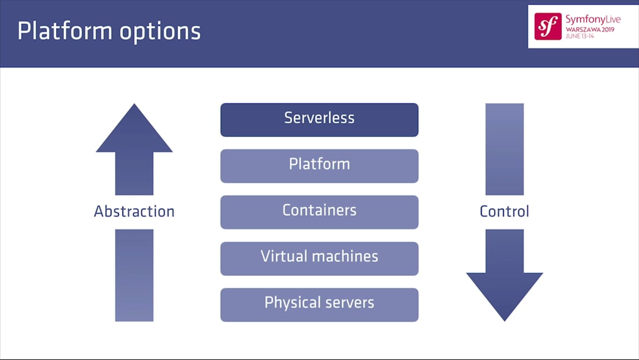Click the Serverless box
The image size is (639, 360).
319,119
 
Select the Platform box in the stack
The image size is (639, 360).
319,166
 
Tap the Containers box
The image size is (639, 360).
319,212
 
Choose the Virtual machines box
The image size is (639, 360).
319,258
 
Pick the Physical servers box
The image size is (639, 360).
319,304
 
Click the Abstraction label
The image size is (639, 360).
134,212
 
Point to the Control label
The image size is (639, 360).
504,212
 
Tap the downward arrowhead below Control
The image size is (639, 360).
504,294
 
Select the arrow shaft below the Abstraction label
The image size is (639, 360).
134,275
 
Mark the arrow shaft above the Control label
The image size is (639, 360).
504,149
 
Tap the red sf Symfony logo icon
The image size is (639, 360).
547,27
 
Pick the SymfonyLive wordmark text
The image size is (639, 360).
592,19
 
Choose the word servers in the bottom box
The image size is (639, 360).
348,303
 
